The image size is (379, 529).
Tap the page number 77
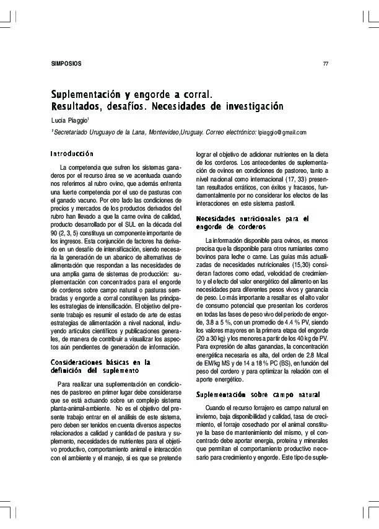click(x=326, y=64)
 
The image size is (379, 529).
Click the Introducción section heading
click(x=72, y=153)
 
